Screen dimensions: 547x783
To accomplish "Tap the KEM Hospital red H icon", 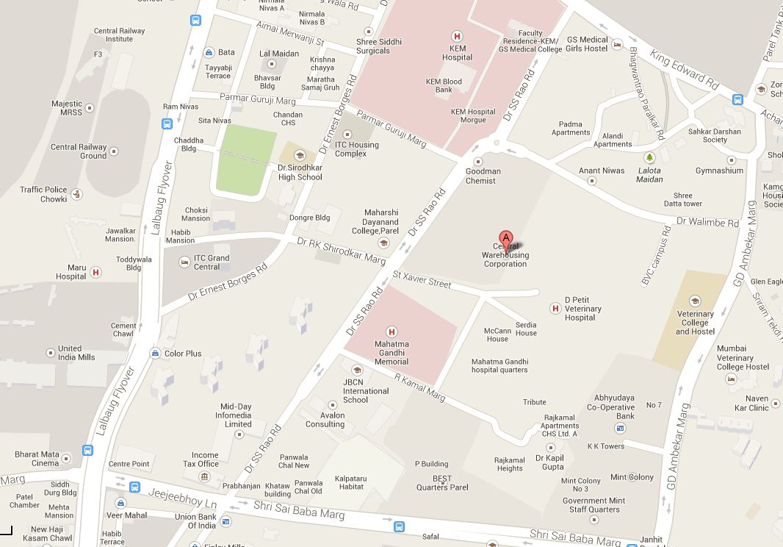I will [x=457, y=35].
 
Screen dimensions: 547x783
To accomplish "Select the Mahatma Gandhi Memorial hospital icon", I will [x=391, y=332].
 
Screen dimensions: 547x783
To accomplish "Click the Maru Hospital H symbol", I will [x=95, y=272].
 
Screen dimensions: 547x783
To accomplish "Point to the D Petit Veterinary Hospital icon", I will [x=555, y=308].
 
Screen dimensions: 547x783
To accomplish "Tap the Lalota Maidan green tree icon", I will [x=649, y=157].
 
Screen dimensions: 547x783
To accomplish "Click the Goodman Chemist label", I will [x=483, y=176].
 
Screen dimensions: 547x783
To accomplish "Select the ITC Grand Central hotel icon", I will [x=184, y=262].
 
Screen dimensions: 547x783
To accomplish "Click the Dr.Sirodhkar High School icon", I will [x=300, y=155].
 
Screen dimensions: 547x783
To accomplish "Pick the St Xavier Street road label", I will [x=422, y=279].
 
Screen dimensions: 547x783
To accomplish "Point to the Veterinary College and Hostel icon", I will [x=694, y=301].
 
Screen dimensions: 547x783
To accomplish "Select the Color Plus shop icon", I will [x=155, y=354].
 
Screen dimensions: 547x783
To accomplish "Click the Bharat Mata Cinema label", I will [x=37, y=459].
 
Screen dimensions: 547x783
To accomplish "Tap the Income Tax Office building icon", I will [x=205, y=476].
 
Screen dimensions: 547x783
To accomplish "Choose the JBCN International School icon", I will [x=357, y=370].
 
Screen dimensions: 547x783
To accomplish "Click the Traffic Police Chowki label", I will [x=43, y=194].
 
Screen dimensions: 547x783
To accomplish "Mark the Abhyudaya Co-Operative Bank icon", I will [x=621, y=427].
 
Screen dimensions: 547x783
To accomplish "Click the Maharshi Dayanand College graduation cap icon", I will [x=382, y=243].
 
